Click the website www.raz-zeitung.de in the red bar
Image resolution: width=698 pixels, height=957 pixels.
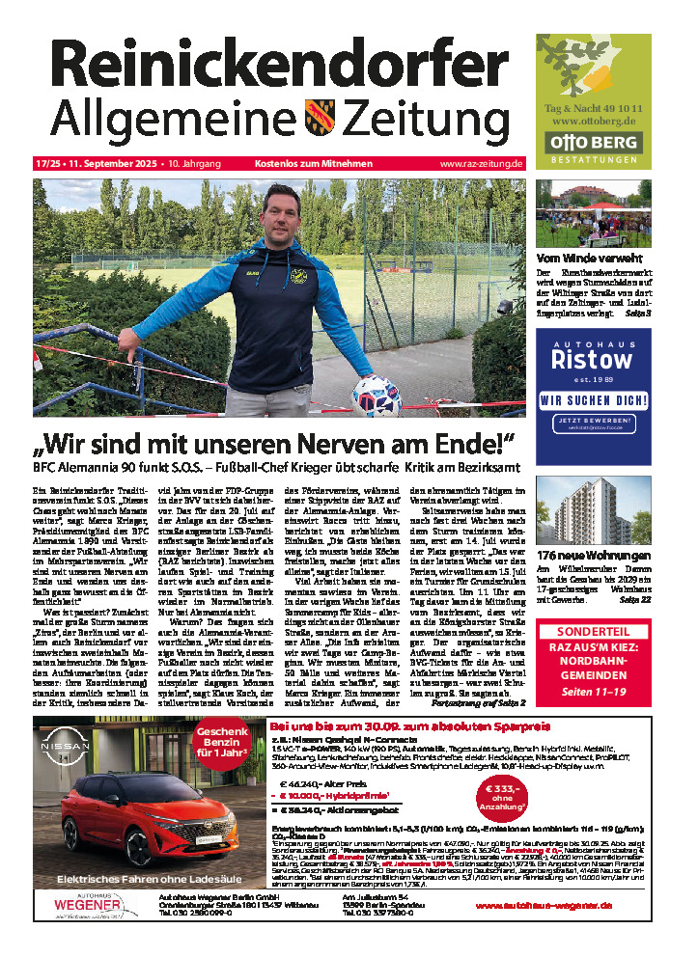[x=454, y=165]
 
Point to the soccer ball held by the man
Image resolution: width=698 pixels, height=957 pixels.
[x=376, y=394]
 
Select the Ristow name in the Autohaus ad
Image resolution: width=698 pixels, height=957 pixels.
[x=590, y=360]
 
